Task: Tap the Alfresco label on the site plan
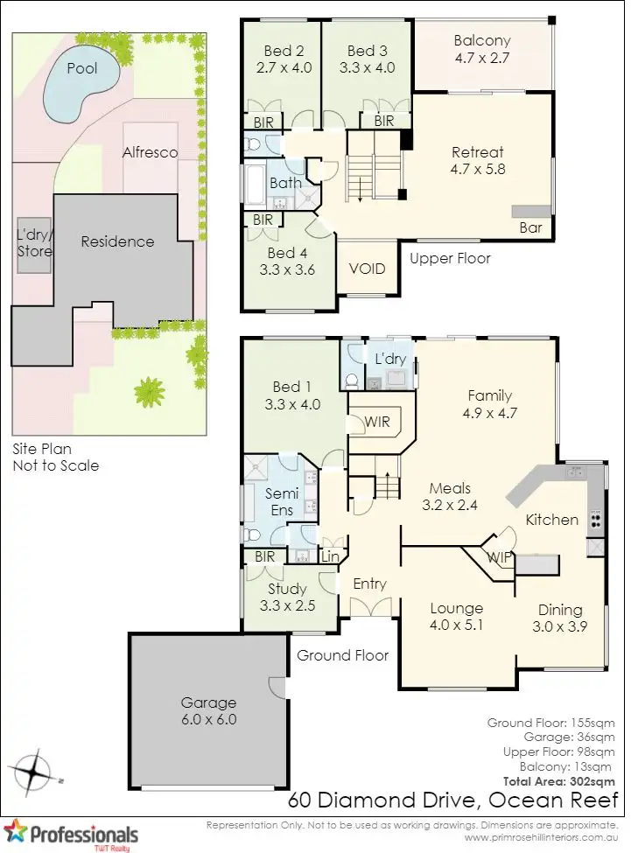150,152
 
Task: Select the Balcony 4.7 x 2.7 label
482,49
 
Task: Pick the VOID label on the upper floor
368,269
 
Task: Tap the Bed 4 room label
287,262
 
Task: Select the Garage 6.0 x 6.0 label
208,710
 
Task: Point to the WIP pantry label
500,556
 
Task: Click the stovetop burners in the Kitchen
596,520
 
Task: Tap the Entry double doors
368,606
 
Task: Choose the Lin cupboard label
331,556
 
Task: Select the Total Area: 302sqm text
559,780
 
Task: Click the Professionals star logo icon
15,830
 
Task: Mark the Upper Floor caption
450,258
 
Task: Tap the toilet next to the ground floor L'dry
352,380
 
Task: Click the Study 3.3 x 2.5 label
287,597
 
